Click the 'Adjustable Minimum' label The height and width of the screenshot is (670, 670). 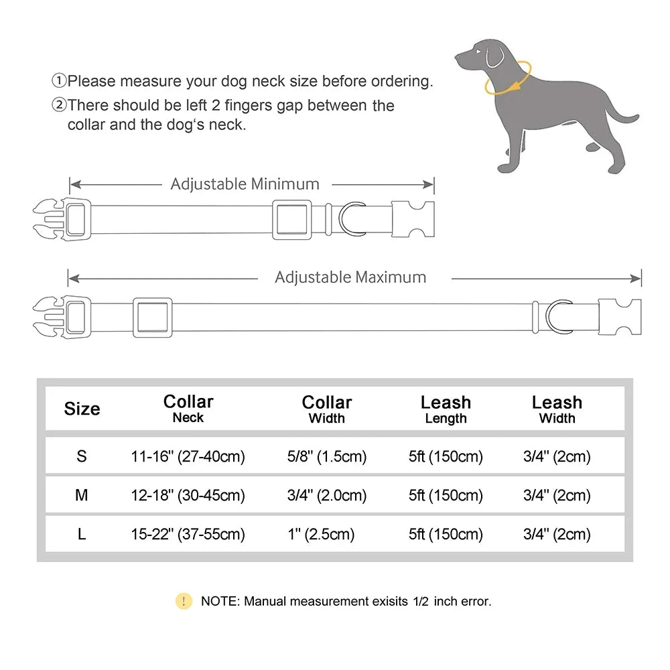[245, 184]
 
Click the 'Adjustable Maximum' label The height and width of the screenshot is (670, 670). [350, 277]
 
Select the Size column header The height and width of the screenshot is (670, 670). [82, 409]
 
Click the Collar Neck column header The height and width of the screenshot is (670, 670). [188, 409]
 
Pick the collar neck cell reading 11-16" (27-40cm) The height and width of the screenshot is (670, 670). [188, 457]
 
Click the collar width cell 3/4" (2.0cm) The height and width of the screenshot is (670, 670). [326, 496]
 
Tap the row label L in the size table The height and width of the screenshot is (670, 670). [82, 535]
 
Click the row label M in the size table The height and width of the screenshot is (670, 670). [82, 496]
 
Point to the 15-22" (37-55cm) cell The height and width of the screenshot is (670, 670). [188, 535]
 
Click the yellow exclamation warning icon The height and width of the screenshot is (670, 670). [184, 601]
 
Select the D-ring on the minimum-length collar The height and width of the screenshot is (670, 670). [351, 218]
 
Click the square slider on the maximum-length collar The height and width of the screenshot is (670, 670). [152, 317]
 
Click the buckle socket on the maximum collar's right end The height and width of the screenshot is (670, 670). [620, 316]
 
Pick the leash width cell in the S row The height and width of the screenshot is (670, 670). [557, 457]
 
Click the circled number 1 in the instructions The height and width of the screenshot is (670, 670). [59, 82]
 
